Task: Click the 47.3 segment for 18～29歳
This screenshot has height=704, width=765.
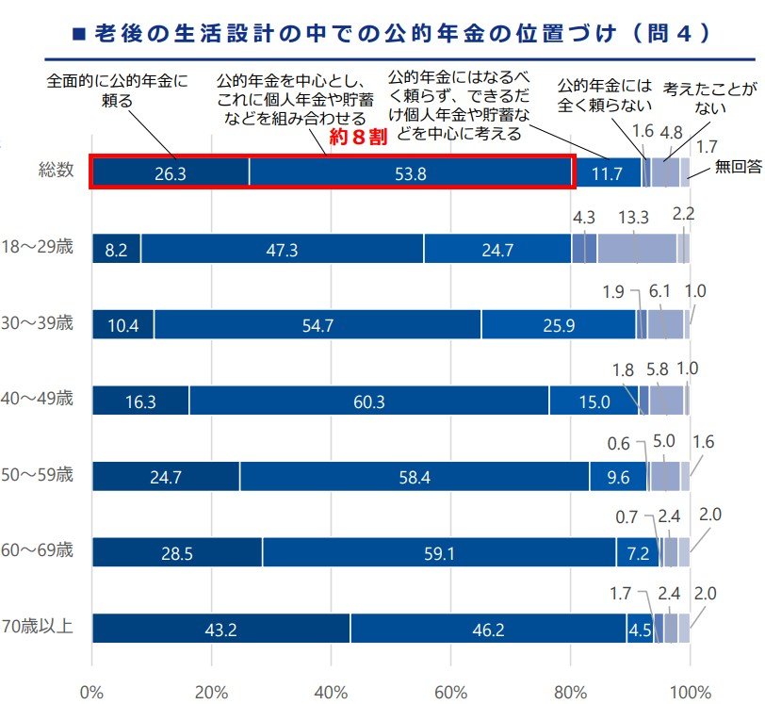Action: pos(282,249)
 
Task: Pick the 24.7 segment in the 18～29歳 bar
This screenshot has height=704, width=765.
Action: pos(497,249)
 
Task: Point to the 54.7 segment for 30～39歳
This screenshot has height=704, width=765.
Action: pos(317,325)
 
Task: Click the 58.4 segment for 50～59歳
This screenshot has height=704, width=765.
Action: pos(415,476)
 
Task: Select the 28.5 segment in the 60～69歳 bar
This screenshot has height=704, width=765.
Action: pos(177,553)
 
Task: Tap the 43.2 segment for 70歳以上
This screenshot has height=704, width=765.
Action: pos(220,629)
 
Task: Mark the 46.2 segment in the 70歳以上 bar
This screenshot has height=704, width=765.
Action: pos(488,629)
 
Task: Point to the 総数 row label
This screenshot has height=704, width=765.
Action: pos(56,171)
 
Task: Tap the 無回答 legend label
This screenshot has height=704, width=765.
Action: pos(738,168)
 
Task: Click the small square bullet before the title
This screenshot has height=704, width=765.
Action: pos(79,34)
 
